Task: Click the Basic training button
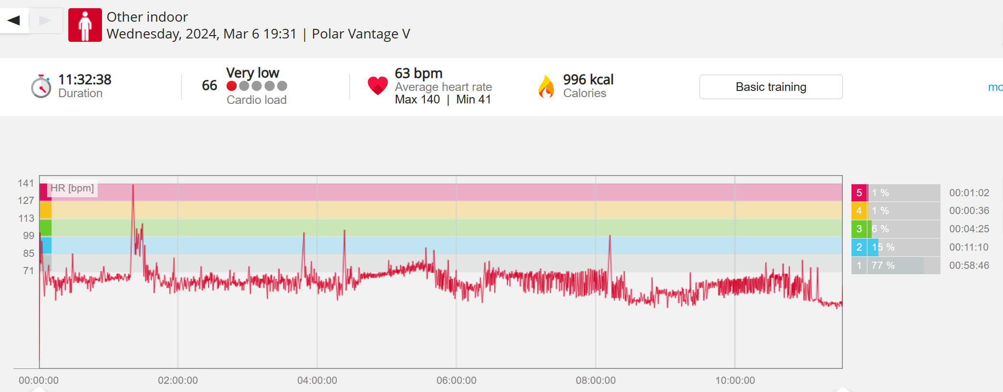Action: (771, 87)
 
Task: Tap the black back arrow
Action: (14, 20)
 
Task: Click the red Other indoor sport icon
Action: (85, 25)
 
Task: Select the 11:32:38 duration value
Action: (85, 79)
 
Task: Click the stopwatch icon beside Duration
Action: (41, 87)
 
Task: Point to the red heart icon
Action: (378, 86)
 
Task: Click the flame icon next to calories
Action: (546, 87)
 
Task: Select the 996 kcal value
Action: (588, 79)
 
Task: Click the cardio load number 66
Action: (209, 86)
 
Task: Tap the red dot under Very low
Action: (232, 86)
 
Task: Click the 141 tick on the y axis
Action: (26, 183)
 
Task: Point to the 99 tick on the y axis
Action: (29, 236)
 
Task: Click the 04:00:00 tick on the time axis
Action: (317, 380)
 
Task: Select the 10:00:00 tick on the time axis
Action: (735, 380)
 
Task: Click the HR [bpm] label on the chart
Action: (72, 188)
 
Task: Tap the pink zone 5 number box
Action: (859, 193)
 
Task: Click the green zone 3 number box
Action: (859, 229)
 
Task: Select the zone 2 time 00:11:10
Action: (969, 247)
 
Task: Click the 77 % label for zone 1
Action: (883, 266)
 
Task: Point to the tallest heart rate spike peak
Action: (133, 186)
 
